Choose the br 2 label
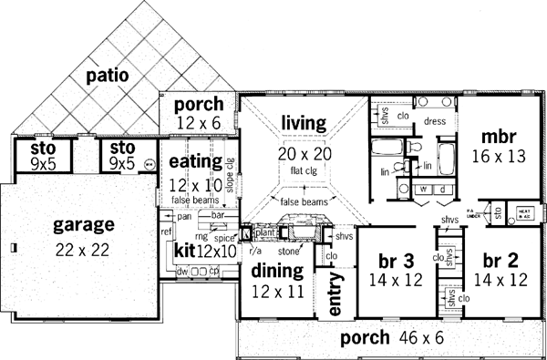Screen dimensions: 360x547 pyautogui.click(x=498, y=257)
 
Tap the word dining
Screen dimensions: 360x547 pyautogui.click(x=270, y=271)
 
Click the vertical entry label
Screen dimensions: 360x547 pyautogui.click(x=335, y=296)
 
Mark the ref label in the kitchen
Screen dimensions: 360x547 pyautogui.click(x=165, y=232)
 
